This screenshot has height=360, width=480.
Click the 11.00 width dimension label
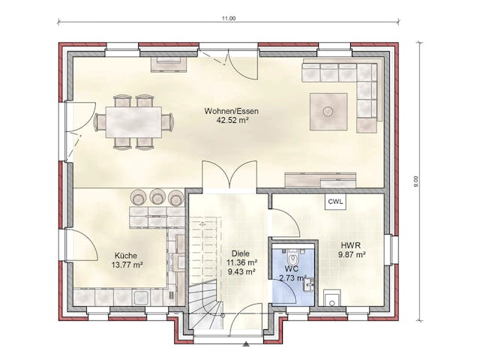pyautogui.click(x=229, y=18)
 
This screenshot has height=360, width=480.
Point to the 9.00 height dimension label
pyautogui.click(x=415, y=181)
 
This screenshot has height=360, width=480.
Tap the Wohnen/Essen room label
pyautogui.click(x=232, y=111)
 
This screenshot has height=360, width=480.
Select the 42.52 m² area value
pyautogui.click(x=232, y=120)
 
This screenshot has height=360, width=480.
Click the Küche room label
pyautogui.click(x=126, y=255)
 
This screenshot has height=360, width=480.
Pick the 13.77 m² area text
pyautogui.click(x=127, y=265)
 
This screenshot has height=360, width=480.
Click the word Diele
pyautogui.click(x=240, y=253)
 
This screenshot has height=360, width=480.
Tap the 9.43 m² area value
pyautogui.click(x=241, y=271)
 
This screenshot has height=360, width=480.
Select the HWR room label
pyautogui.click(x=351, y=245)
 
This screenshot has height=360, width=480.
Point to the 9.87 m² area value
pyautogui.click(x=352, y=254)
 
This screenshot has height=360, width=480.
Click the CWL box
pyautogui.click(x=335, y=202)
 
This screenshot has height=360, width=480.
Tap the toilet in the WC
pyautogui.click(x=293, y=257)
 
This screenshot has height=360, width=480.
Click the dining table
pyautogui.click(x=133, y=122)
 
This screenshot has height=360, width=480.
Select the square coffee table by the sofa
pyautogui.click(x=328, y=112)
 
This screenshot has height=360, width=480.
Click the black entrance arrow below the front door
pyautogui.click(x=246, y=344)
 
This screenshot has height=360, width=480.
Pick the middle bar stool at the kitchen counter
pyautogui.click(x=157, y=197)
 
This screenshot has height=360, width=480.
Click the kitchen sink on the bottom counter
pyautogui.click(x=141, y=297)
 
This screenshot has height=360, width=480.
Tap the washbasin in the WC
pyautogui.click(x=308, y=284)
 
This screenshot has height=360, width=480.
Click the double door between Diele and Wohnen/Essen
pyautogui.click(x=229, y=175)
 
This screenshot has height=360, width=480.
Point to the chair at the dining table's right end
pyautogui.click(x=167, y=121)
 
